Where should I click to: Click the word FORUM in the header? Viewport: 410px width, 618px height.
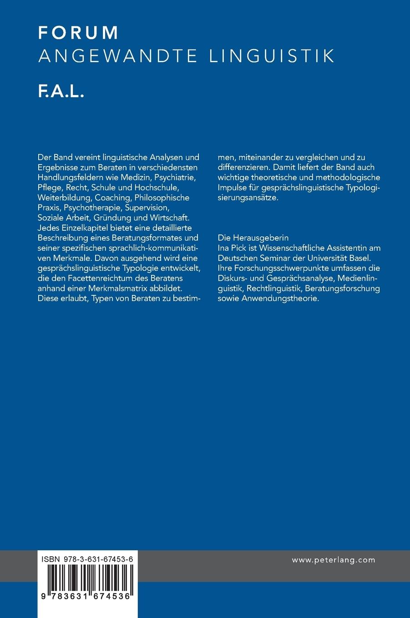(x=78, y=33)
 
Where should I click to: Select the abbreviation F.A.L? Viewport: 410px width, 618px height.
(x=61, y=92)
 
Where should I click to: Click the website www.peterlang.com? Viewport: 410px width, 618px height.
(x=334, y=560)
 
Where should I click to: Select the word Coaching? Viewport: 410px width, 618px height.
(x=112, y=198)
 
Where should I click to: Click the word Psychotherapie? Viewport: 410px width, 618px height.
(x=92, y=208)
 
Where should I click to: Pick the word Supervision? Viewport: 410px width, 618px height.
(x=147, y=208)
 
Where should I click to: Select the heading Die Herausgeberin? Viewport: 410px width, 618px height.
(x=253, y=238)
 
